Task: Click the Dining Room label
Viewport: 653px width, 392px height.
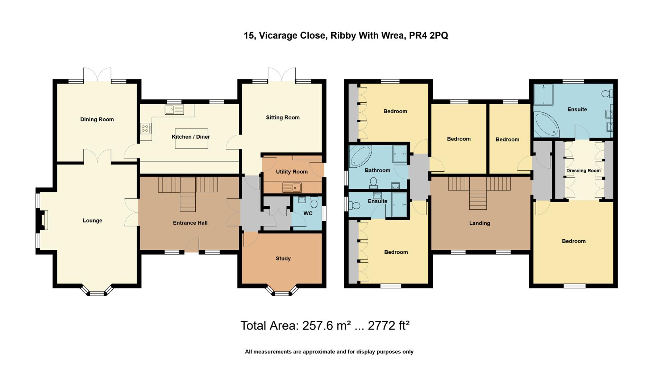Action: [97, 119]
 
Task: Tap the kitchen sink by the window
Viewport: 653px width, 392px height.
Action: [174, 109]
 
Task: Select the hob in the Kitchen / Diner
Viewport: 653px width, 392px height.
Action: [146, 128]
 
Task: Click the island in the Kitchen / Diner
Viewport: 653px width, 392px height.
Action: [192, 138]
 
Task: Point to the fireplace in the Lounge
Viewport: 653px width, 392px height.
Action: [43, 220]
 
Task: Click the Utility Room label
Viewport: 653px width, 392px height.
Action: [291, 172]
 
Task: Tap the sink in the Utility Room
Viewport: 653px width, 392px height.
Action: [292, 188]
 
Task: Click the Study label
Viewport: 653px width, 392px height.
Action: [283, 258]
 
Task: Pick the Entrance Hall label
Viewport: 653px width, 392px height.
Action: [190, 223]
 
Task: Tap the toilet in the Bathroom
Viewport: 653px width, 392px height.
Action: [373, 183]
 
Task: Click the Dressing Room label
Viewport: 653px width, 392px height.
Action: [583, 171]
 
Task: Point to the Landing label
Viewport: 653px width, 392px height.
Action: [479, 223]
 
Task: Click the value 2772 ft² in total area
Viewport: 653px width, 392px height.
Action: [388, 326]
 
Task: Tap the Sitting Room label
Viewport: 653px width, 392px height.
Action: [283, 118]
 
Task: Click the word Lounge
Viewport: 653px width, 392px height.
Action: [92, 221]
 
